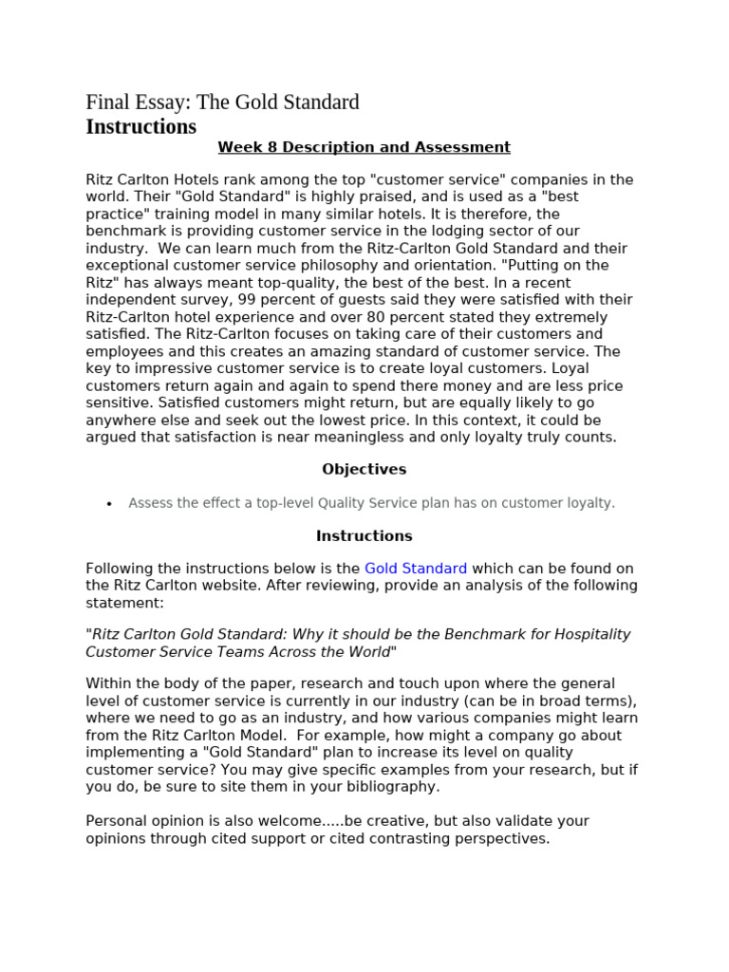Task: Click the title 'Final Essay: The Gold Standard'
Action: [x=222, y=102]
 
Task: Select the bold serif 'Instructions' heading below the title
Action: [x=141, y=126]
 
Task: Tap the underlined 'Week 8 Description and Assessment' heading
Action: [x=364, y=147]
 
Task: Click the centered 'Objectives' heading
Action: [x=364, y=469]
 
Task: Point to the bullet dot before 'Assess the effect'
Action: [x=110, y=504]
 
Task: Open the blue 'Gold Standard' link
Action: [x=416, y=569]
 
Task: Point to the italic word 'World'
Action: [x=367, y=651]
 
